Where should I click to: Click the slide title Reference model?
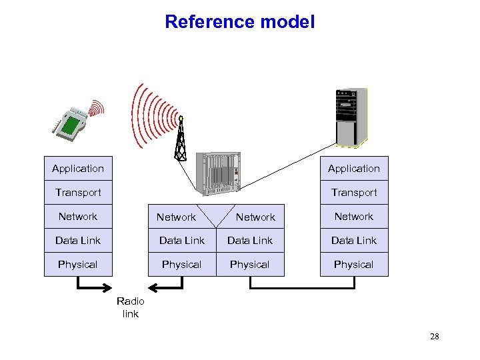[239, 22]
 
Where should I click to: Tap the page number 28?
[434, 337]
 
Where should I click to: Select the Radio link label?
[130, 307]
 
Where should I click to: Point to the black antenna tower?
[180, 139]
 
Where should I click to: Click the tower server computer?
[351, 117]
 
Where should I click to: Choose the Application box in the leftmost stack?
[78, 169]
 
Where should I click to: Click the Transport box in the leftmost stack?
[78, 193]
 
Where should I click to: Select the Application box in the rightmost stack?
[353, 169]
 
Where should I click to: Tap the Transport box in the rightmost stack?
[353, 193]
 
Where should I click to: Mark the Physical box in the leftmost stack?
[78, 265]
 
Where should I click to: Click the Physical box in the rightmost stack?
[353, 265]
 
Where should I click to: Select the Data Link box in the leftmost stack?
[78, 241]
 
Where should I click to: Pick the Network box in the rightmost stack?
[353, 217]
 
